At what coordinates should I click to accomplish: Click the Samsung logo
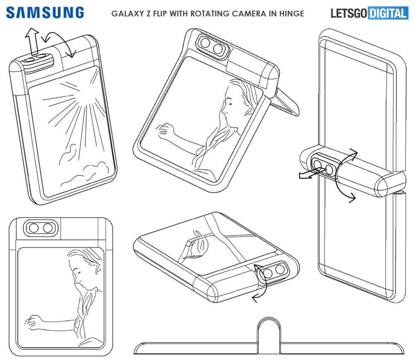coord(45,12)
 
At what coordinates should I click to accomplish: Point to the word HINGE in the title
coord(293,14)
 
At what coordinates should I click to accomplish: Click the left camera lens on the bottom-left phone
coord(34,228)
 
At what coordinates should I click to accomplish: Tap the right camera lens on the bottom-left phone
coord(48,228)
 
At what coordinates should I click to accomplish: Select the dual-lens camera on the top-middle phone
coord(212,46)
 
